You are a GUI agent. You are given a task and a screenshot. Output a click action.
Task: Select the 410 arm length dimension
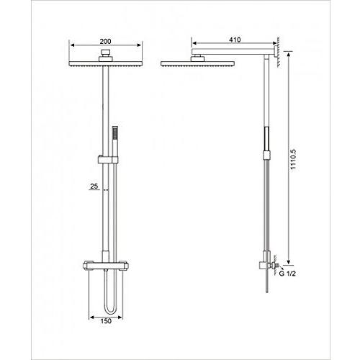(x=234, y=41)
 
